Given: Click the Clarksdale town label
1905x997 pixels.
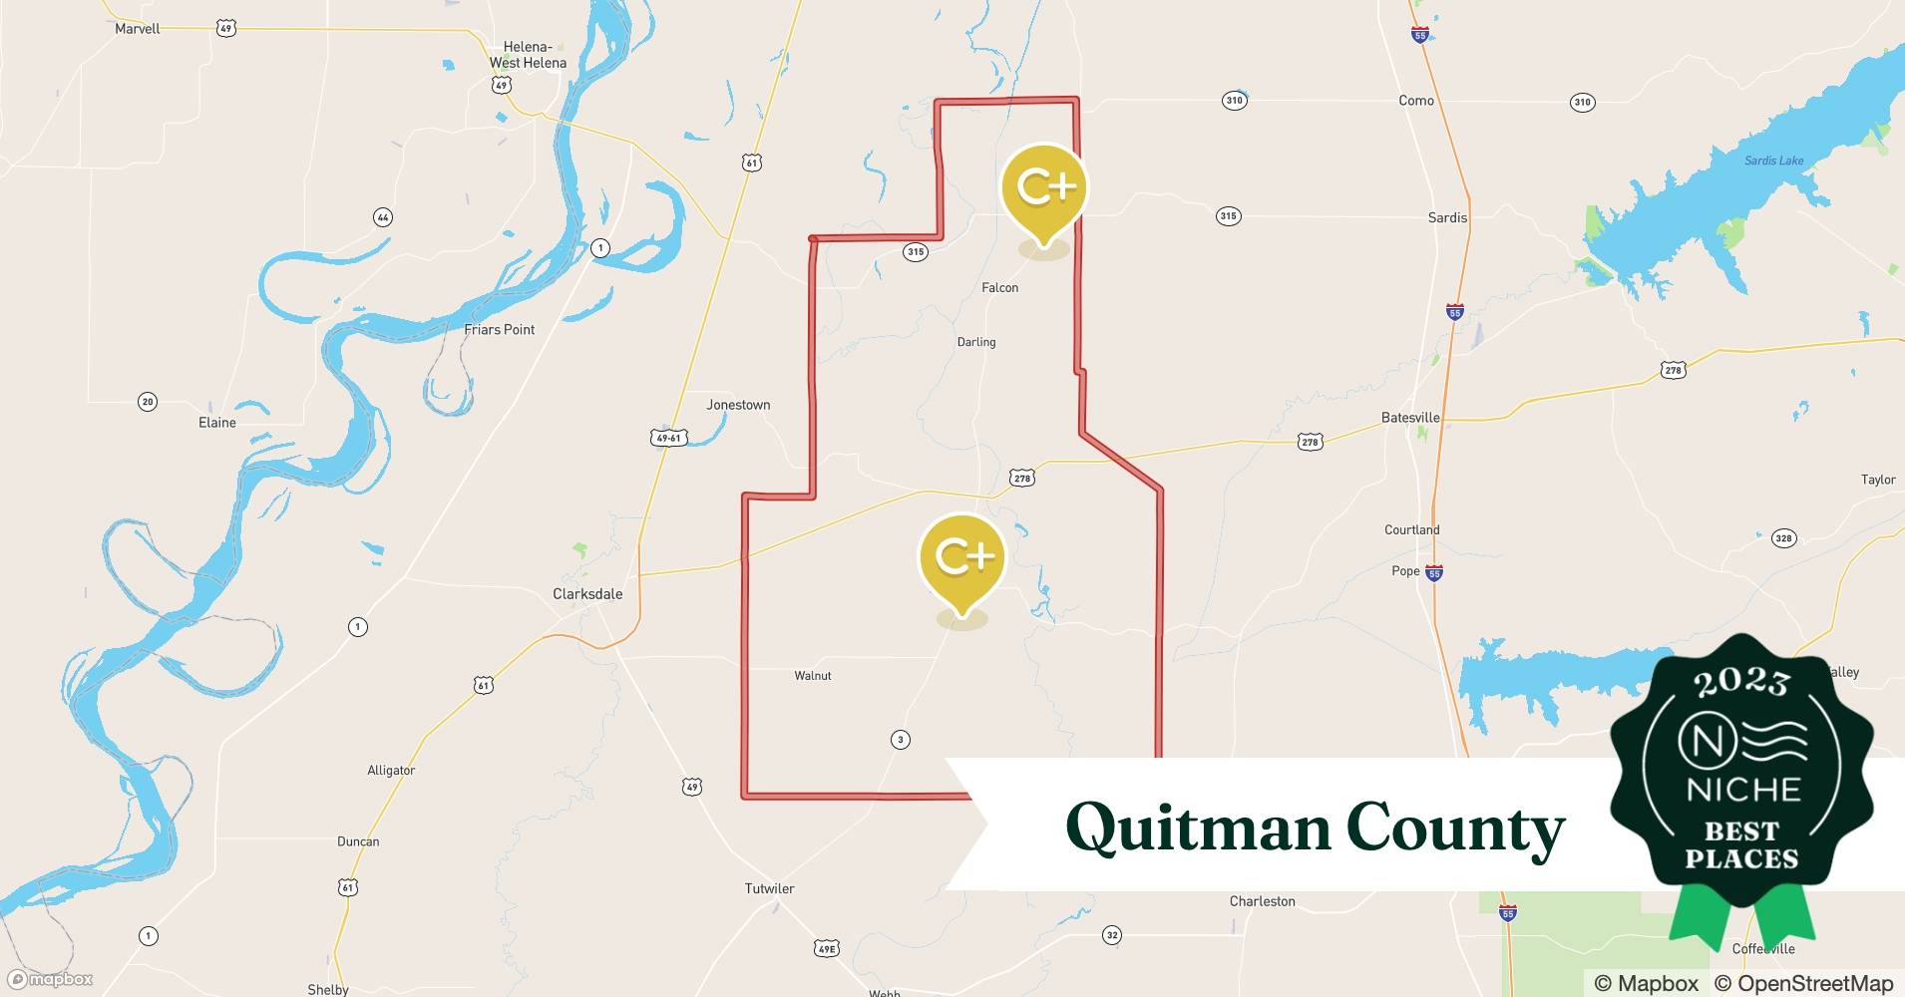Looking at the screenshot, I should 587,594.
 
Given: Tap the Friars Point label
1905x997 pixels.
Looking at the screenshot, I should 499,330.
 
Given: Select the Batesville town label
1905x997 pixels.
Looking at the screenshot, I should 1410,418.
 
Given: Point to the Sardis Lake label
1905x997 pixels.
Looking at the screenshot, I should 1773,161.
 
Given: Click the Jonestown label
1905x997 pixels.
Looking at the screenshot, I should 738,405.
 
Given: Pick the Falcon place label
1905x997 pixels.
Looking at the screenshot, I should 999,288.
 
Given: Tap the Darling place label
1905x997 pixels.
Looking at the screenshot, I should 975,342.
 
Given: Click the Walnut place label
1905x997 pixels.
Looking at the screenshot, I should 813,676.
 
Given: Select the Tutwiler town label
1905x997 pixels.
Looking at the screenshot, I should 769,888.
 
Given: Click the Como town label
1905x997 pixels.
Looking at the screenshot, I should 1415,101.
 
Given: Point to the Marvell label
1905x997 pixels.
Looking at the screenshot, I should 138,29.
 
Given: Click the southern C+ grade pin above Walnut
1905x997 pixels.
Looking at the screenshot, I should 961,559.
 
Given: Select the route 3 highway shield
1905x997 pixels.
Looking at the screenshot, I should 901,740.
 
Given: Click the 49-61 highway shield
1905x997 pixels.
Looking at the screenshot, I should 668,438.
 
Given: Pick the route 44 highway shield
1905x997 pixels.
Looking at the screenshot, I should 382,217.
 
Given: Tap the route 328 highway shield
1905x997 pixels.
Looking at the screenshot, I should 1782,538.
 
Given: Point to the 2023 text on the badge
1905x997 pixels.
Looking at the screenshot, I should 1741,682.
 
